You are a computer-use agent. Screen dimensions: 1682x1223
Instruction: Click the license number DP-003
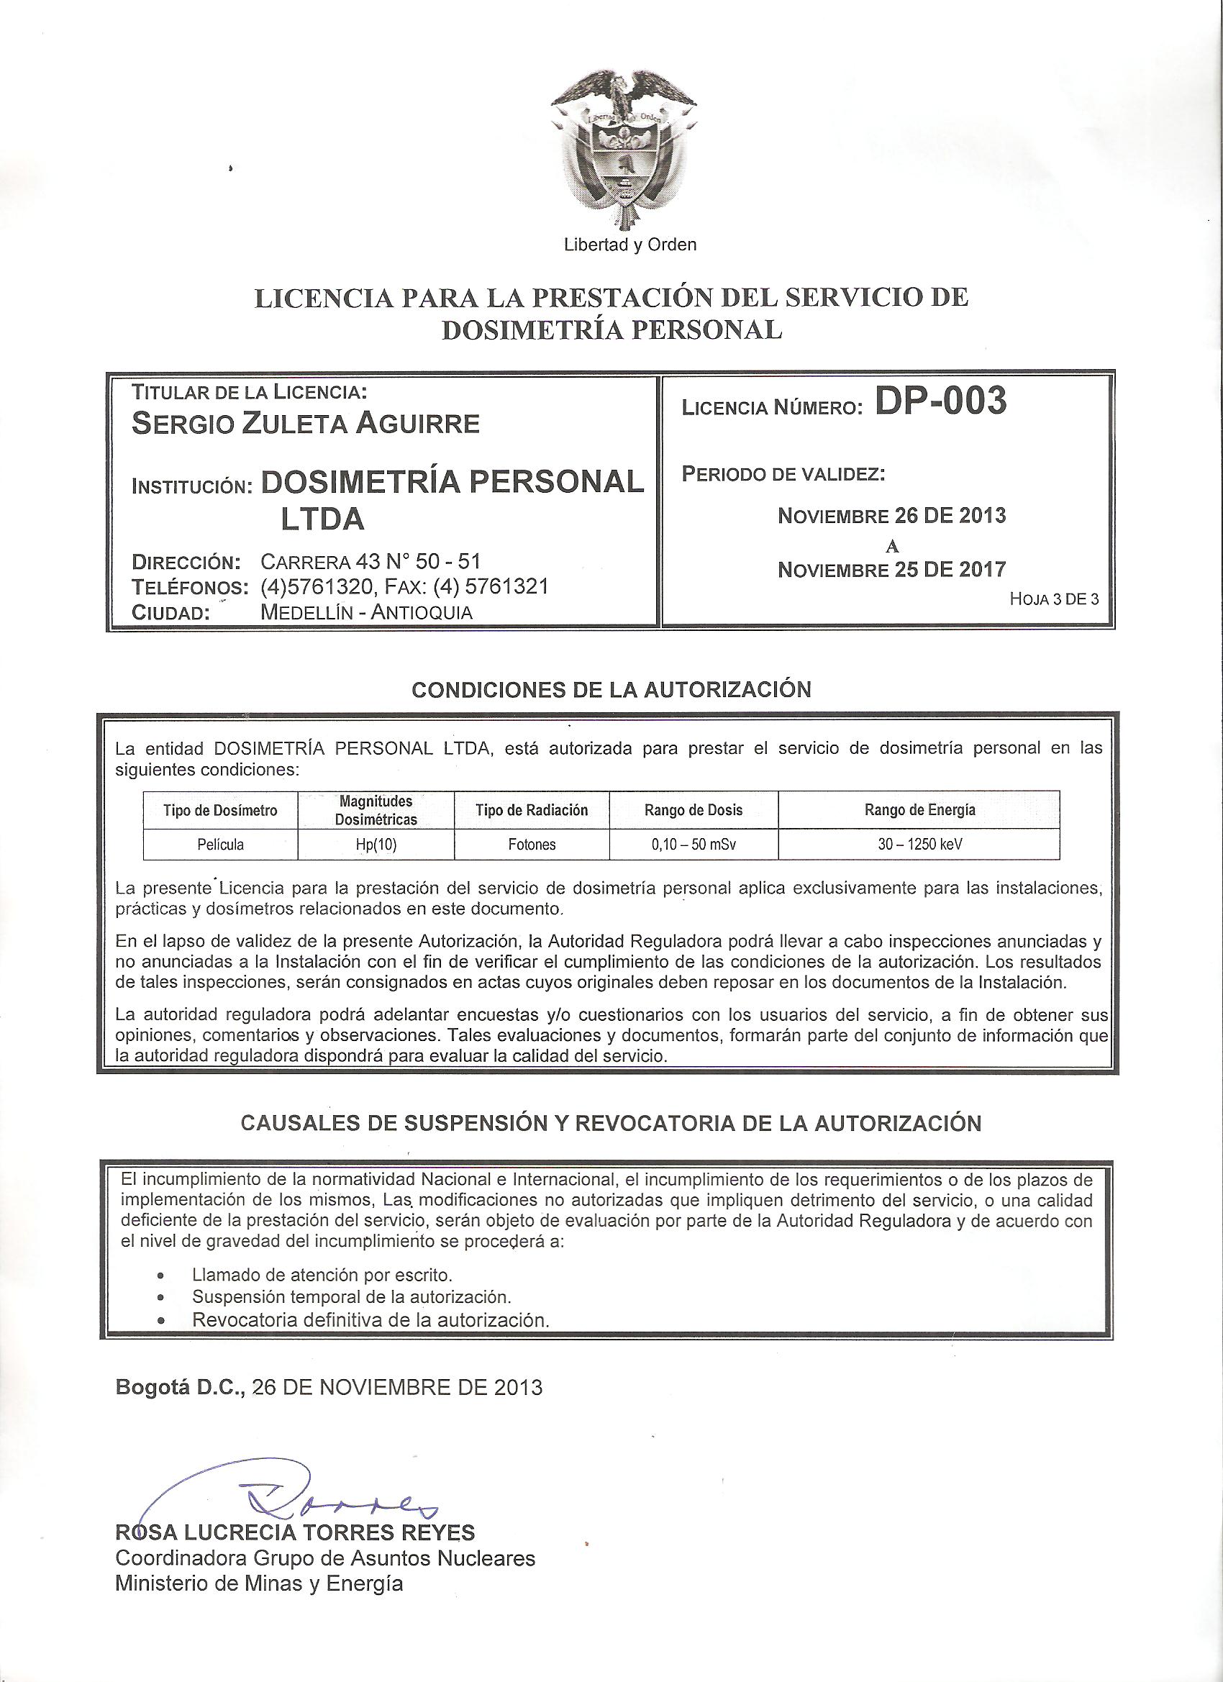[940, 402]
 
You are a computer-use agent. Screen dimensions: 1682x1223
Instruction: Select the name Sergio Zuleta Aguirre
[305, 424]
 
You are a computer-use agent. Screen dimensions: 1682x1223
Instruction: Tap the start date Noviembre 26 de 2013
[891, 514]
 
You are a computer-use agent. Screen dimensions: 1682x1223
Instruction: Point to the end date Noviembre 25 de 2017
[891, 570]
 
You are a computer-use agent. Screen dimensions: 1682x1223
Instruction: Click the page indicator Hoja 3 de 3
[1054, 599]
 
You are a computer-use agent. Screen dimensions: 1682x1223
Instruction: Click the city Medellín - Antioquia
[367, 612]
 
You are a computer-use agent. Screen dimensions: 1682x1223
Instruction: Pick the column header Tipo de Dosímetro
[220, 811]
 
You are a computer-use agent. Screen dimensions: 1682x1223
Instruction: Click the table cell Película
[220, 844]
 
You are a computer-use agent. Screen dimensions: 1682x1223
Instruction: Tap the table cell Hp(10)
[376, 844]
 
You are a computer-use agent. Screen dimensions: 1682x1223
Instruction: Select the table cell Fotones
[532, 844]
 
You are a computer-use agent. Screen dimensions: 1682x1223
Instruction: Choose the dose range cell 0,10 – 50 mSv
[694, 844]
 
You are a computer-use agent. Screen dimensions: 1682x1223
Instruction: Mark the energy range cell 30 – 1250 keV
[919, 844]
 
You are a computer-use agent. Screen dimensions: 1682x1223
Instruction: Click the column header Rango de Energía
[919, 810]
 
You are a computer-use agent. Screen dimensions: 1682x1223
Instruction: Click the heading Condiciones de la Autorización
[611, 690]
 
